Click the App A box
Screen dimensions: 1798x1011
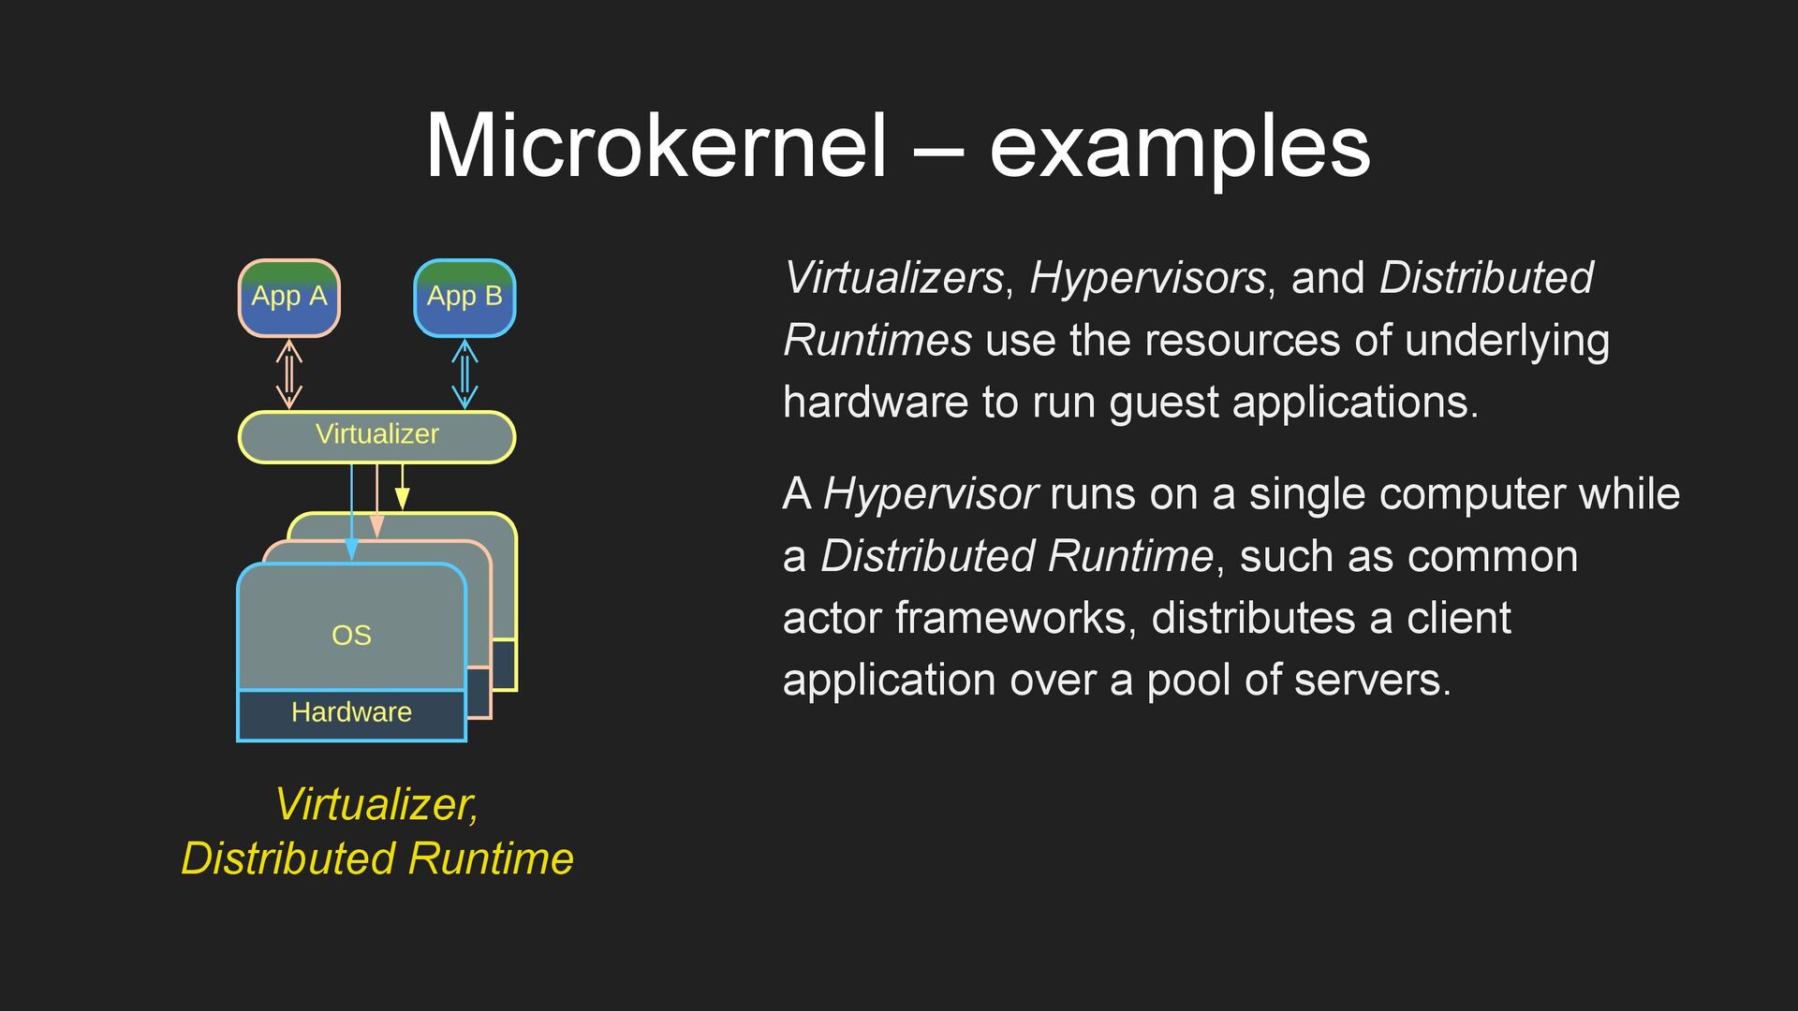288,298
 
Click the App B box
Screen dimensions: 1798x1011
464,298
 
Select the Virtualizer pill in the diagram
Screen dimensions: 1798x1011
376,436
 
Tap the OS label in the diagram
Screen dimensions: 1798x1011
351,636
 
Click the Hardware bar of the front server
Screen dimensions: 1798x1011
351,713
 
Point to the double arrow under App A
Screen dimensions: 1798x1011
289,374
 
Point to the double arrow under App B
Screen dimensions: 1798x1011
464,374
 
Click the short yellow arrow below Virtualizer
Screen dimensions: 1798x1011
402,487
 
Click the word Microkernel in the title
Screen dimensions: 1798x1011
656,147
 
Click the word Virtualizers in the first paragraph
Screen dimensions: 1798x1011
893,278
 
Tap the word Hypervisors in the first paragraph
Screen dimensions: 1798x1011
1147,278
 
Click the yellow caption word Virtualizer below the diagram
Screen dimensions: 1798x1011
376,805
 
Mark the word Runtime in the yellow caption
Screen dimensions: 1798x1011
491,858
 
